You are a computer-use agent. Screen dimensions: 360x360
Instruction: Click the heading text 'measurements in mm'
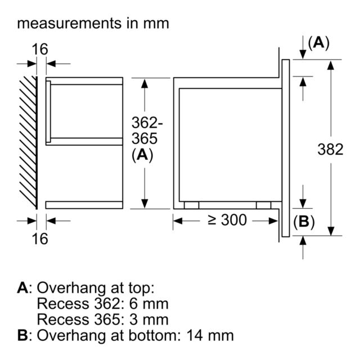(93, 24)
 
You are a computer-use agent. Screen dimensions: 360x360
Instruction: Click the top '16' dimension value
(40, 49)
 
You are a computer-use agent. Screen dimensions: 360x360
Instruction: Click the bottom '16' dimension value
(40, 238)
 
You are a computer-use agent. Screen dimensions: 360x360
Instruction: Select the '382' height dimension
(330, 150)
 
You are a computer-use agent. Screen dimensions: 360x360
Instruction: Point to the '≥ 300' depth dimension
(227, 220)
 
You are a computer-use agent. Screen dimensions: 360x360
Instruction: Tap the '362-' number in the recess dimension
(147, 123)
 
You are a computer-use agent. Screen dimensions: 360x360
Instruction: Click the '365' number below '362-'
(145, 138)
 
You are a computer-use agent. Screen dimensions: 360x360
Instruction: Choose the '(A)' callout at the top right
(319, 43)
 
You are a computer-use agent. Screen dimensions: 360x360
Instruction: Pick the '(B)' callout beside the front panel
(304, 222)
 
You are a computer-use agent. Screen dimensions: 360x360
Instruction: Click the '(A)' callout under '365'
(142, 155)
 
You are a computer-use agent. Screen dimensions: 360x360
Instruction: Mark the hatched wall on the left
(28, 142)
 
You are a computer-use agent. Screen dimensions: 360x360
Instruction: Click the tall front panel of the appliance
(286, 148)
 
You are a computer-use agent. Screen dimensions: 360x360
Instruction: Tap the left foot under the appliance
(191, 205)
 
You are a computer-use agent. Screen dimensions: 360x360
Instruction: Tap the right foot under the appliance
(264, 205)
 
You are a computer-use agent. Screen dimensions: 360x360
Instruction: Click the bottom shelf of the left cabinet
(84, 205)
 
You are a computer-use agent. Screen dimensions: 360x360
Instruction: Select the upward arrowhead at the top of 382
(331, 65)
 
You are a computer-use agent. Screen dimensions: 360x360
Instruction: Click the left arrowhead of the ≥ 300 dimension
(178, 221)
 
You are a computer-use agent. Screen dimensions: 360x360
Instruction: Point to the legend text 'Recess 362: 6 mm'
(102, 304)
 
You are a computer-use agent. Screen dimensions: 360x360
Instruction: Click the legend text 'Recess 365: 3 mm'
(102, 319)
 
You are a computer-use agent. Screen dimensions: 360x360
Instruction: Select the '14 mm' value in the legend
(210, 335)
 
